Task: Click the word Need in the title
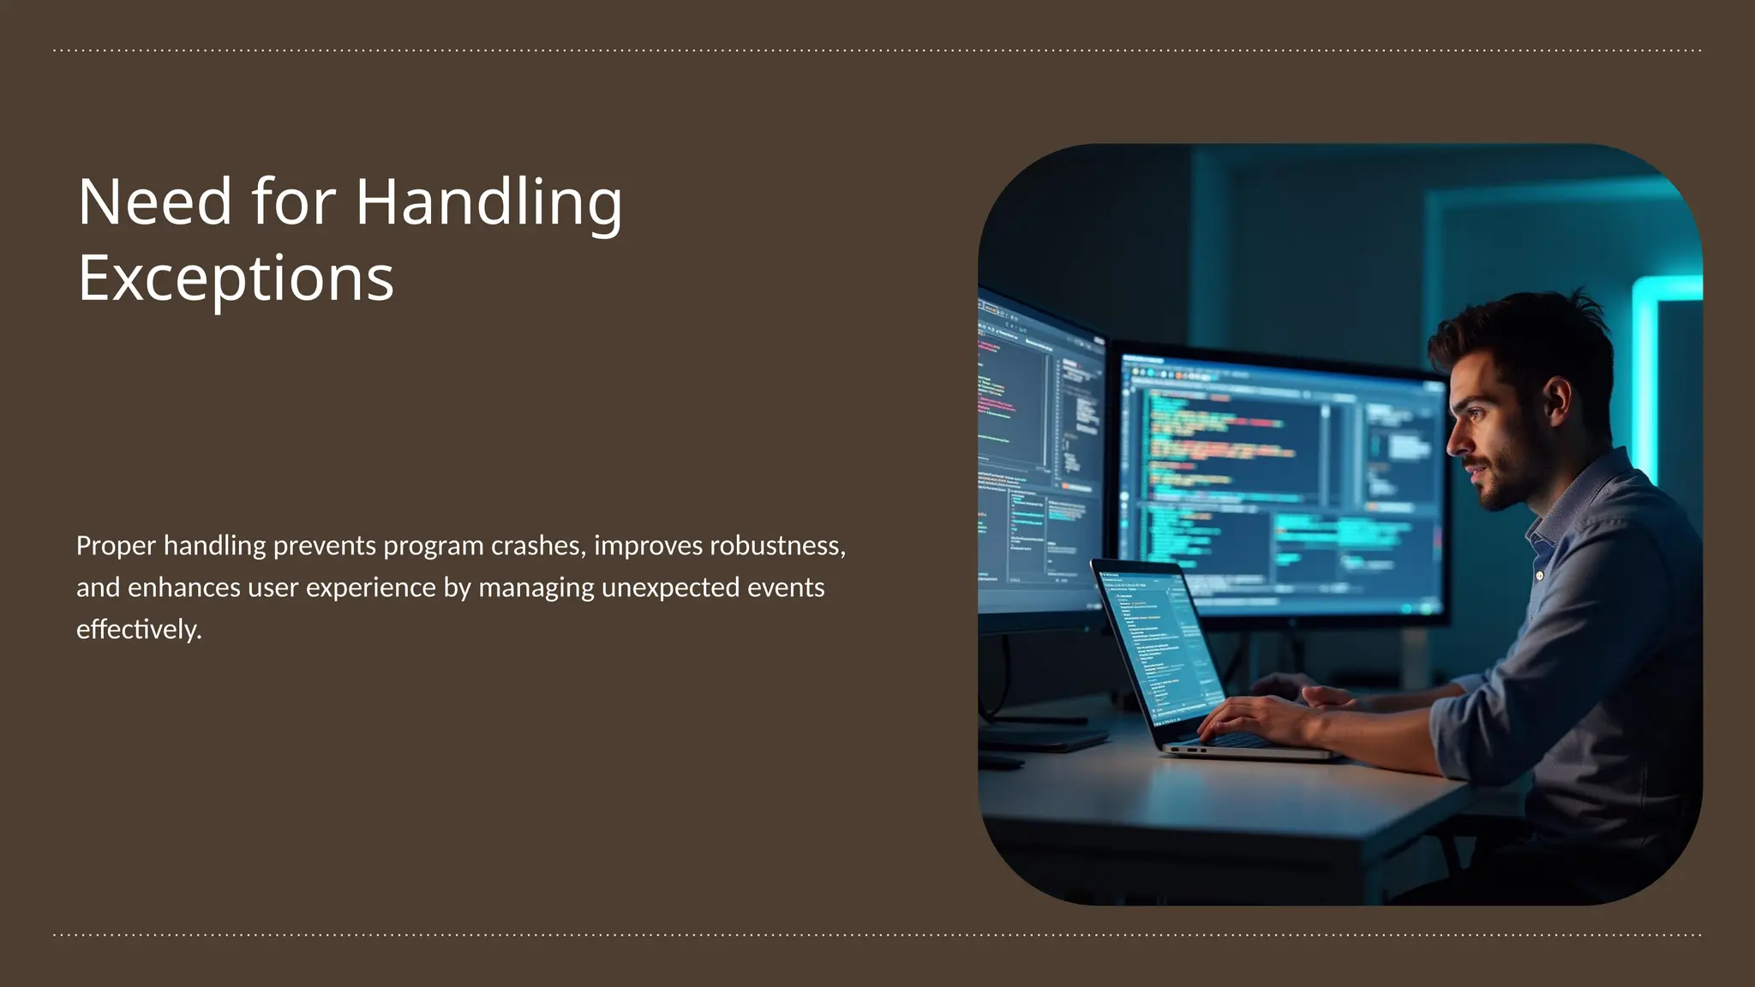pos(155,202)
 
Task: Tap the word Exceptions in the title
pos(236,278)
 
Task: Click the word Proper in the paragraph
pos(116,547)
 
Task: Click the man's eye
pos(1476,414)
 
